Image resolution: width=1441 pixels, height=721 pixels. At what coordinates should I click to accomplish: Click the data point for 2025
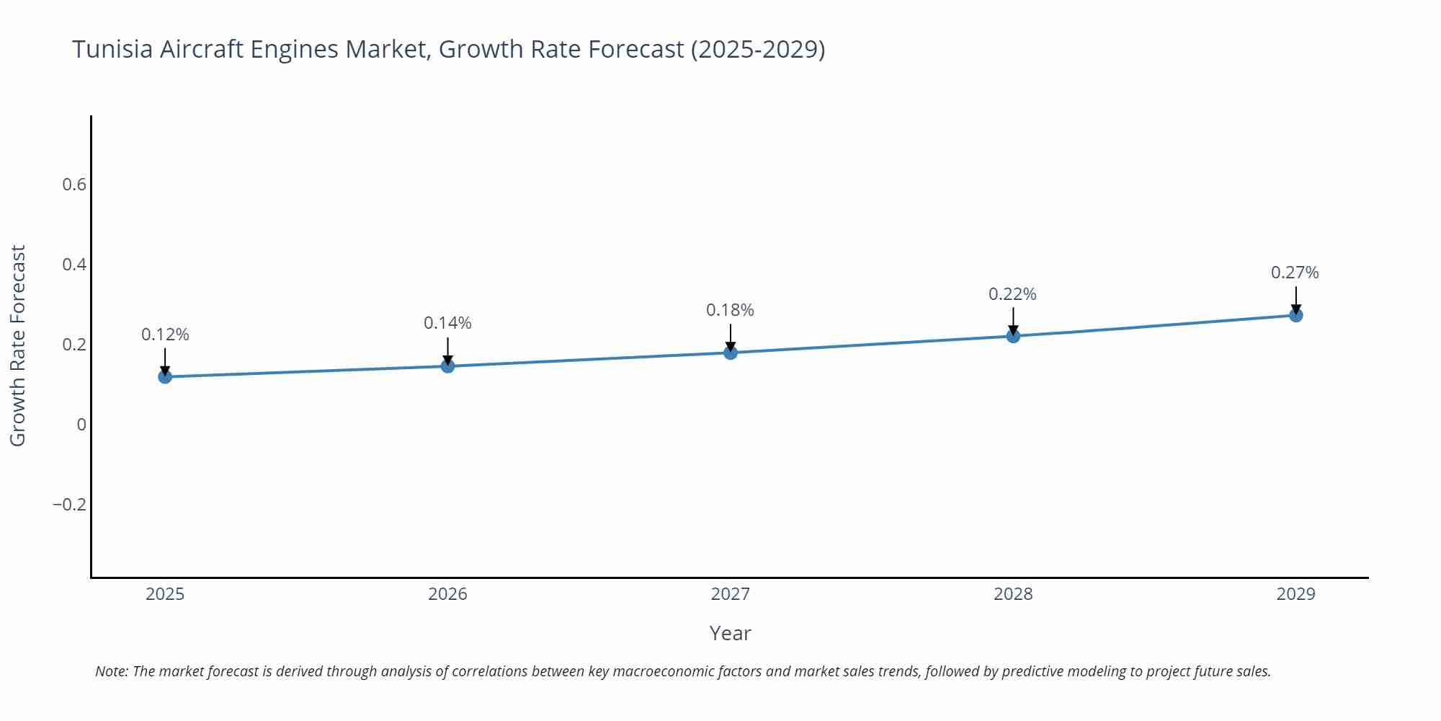tap(165, 376)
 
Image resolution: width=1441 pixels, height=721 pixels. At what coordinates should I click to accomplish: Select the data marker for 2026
tap(447, 366)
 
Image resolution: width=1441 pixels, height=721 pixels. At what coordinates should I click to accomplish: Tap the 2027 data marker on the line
tap(731, 353)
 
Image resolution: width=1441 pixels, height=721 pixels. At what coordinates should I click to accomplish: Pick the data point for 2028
tap(1013, 336)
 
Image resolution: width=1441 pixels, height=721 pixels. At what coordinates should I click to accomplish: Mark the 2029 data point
tap(1295, 315)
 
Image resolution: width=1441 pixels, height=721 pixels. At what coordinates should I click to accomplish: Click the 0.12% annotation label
tap(165, 335)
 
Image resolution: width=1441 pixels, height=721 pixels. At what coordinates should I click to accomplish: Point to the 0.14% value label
tap(447, 323)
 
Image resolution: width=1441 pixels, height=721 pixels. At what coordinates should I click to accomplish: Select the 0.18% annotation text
tap(730, 310)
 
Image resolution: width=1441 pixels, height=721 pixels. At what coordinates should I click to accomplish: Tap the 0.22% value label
tap(1012, 294)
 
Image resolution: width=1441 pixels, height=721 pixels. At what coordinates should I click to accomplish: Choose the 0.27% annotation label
tap(1295, 273)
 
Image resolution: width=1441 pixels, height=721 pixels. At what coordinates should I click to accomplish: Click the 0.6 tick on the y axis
tap(74, 185)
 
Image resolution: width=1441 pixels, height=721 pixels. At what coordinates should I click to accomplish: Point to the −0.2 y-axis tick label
tap(69, 504)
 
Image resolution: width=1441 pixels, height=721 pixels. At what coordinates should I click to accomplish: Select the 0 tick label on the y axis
tap(81, 425)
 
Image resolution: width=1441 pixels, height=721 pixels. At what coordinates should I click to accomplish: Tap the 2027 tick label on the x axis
tap(730, 594)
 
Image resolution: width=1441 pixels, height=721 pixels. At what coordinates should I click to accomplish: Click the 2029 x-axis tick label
tap(1295, 594)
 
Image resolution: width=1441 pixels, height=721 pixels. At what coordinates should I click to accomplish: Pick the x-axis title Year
tap(730, 633)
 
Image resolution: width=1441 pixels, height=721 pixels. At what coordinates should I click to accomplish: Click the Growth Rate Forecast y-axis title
tap(18, 345)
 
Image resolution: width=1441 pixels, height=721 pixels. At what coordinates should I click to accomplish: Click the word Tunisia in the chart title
tap(112, 49)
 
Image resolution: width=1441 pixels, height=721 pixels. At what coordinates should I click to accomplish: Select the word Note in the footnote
tap(111, 671)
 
